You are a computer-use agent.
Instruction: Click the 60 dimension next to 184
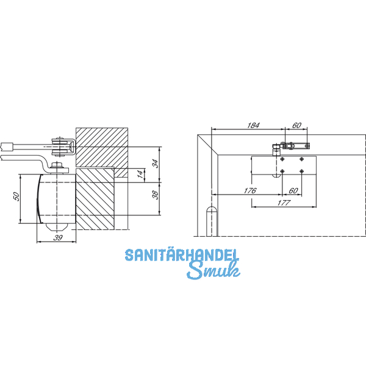pos(296,125)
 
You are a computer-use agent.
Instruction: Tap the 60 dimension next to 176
pos(293,191)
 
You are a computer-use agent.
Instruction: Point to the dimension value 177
pos(282,203)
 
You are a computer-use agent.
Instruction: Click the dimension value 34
pos(155,163)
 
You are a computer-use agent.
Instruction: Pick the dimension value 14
pos(139,174)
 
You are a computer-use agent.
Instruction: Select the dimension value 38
pos(155,195)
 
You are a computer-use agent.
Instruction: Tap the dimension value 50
pos(17,196)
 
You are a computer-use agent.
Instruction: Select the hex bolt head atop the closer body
pos(58,165)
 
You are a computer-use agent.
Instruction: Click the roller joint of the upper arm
pos(60,146)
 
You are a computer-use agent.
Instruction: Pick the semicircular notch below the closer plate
pos(276,176)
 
